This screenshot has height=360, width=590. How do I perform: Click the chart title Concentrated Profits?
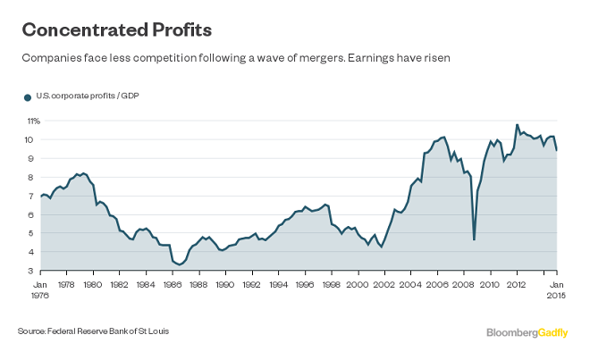pos(116,30)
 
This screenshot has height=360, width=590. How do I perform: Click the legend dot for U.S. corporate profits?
pos(27,96)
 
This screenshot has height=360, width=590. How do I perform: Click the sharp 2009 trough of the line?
pos(474,239)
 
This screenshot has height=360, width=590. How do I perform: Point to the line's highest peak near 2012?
pos(517,125)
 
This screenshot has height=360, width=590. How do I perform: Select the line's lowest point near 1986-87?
pos(180,264)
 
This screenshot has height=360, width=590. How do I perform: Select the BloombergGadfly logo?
pos(528,332)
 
